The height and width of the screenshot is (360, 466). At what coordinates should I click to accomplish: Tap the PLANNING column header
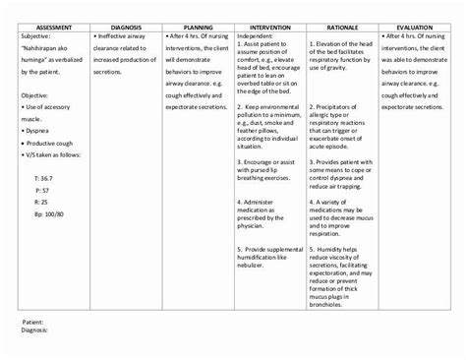coord(194,30)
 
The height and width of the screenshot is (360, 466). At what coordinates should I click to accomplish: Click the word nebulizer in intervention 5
coord(254,263)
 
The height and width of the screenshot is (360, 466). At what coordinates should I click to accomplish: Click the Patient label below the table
coord(33,322)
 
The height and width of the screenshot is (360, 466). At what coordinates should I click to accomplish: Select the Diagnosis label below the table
coord(35,330)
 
